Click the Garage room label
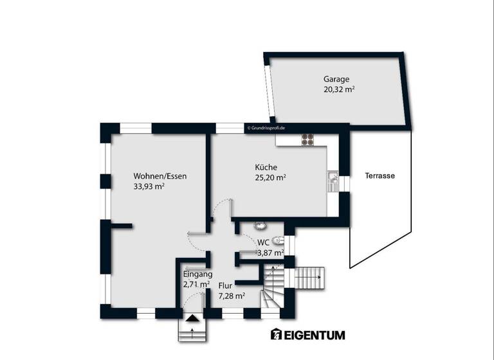click(336, 79)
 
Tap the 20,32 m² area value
click(340, 90)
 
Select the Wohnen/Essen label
click(160, 175)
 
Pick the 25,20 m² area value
click(271, 178)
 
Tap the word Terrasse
click(380, 175)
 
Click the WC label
click(263, 242)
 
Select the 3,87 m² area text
click(270, 253)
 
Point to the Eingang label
click(198, 273)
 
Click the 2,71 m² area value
click(196, 284)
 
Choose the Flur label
click(225, 285)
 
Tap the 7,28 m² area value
click(232, 296)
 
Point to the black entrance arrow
click(192, 318)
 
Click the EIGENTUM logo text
click(307, 335)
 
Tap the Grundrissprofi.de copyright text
click(266, 128)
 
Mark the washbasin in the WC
click(261, 226)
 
